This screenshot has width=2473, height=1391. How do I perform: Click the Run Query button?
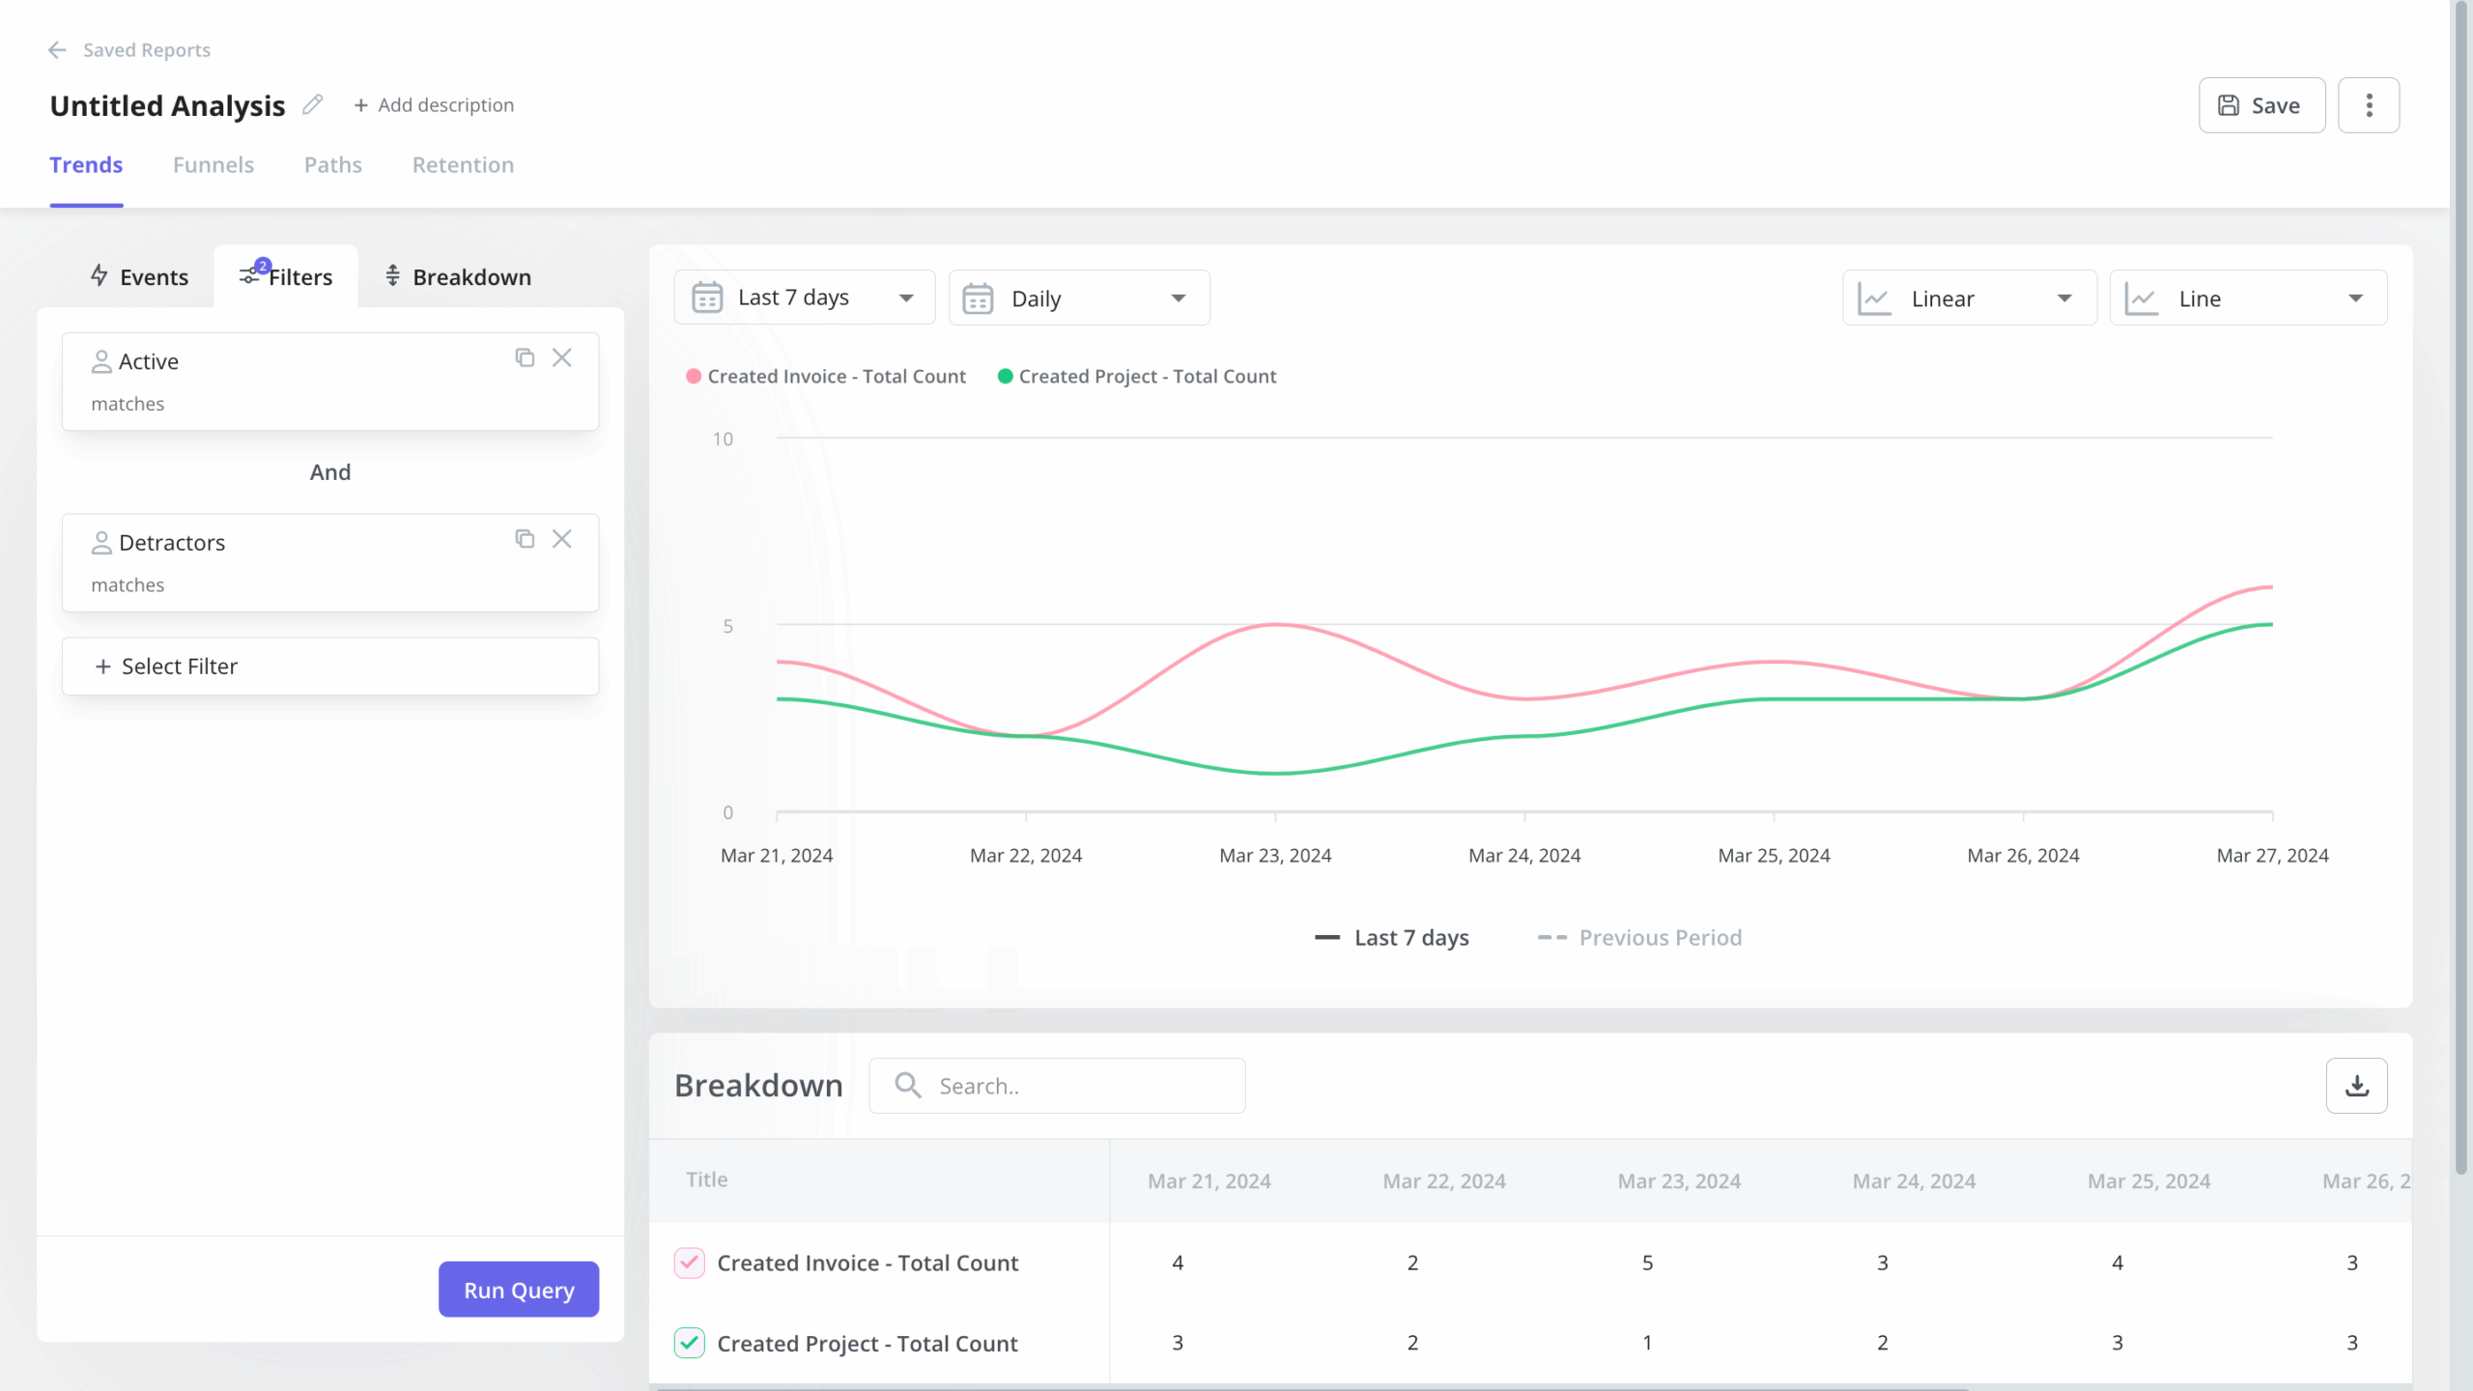click(x=519, y=1290)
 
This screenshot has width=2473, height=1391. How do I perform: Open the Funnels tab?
click(x=213, y=165)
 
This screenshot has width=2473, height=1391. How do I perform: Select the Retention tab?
click(x=463, y=165)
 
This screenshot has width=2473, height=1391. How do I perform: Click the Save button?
click(x=2261, y=105)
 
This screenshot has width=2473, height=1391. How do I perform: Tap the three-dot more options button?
click(x=2369, y=105)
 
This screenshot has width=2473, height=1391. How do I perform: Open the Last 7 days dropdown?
click(x=804, y=298)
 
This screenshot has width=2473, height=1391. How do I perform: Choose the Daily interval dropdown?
click(x=1079, y=298)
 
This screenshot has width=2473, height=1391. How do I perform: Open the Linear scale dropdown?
click(x=1969, y=298)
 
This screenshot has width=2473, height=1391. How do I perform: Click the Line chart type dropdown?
click(x=2248, y=298)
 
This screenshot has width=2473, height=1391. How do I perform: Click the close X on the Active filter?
click(x=562, y=358)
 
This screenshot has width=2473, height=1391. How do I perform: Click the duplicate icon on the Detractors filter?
click(x=525, y=539)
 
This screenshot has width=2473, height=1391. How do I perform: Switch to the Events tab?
click(x=139, y=277)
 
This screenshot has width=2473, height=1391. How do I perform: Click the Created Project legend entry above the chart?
click(x=1137, y=377)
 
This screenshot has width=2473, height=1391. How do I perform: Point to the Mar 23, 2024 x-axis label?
click(x=1275, y=856)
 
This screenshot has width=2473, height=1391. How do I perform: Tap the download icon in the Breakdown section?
click(x=2356, y=1086)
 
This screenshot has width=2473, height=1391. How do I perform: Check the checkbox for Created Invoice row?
click(x=689, y=1263)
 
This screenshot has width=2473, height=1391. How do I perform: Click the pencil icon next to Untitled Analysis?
click(x=312, y=104)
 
